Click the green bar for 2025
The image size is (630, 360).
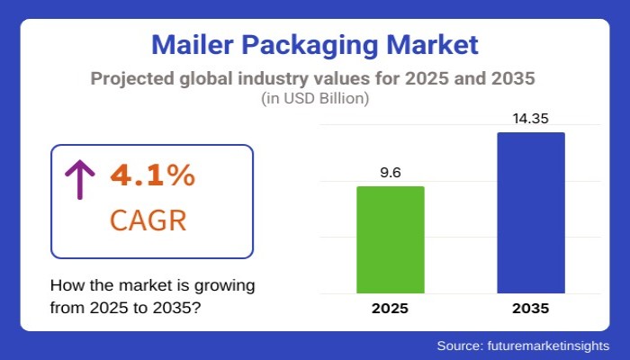(391, 239)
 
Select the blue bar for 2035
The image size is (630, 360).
(531, 212)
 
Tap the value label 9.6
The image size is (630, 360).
(391, 173)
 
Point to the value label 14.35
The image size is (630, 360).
(531, 118)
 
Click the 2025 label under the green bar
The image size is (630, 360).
(391, 309)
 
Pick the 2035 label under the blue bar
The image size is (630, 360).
(531, 309)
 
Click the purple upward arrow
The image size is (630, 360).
(79, 178)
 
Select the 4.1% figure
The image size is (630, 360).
(152, 175)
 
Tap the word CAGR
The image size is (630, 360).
(148, 219)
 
